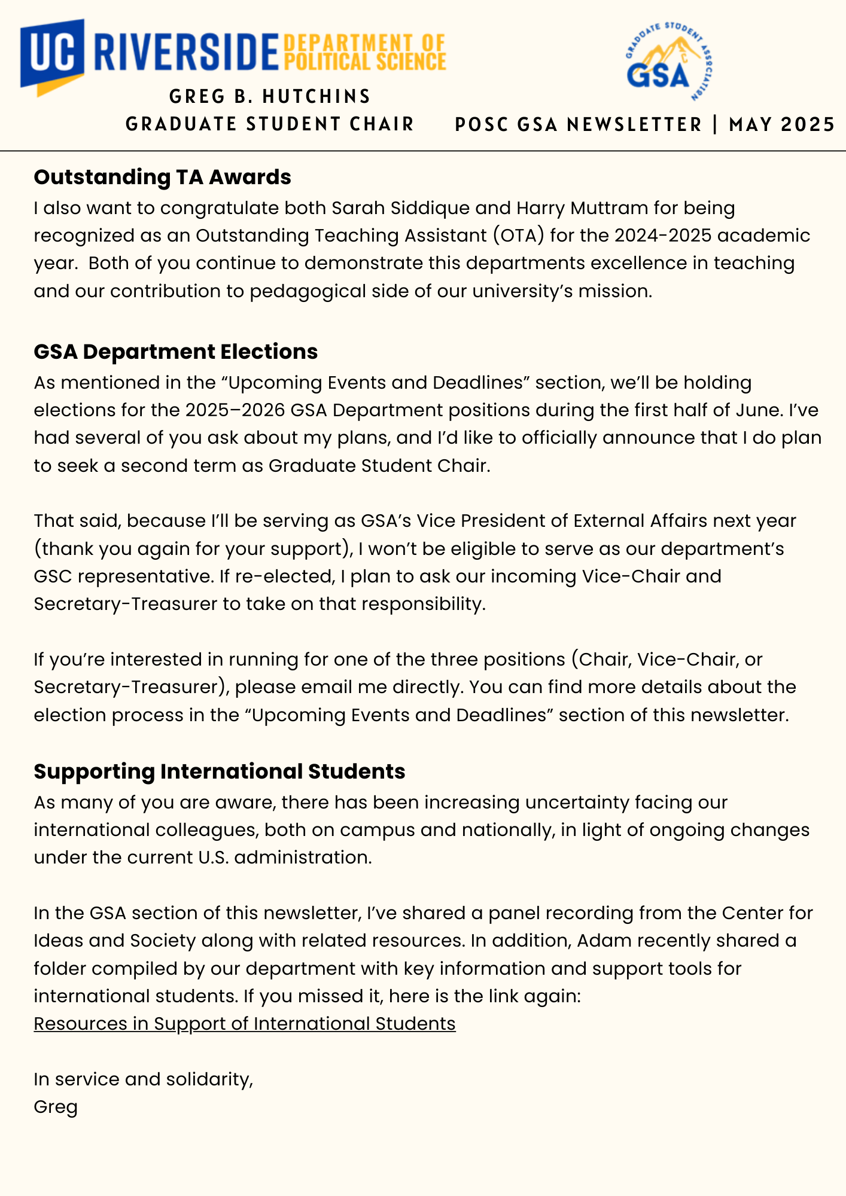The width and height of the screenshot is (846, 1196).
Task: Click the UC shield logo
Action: click(53, 55)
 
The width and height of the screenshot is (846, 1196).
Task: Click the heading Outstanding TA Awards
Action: click(162, 177)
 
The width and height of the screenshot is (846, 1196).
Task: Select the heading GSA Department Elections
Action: click(175, 352)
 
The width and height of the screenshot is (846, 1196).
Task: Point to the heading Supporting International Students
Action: click(219, 771)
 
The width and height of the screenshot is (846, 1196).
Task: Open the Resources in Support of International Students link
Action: click(244, 1024)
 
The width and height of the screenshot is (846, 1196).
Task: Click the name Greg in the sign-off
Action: click(56, 1107)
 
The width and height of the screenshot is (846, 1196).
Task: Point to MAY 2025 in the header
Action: click(781, 124)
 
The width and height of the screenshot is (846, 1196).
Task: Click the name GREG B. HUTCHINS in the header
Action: click(270, 96)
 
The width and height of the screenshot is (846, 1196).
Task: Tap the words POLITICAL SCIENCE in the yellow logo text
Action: click(364, 62)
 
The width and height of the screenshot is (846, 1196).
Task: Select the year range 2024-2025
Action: click(662, 236)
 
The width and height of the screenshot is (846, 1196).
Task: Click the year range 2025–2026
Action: click(235, 410)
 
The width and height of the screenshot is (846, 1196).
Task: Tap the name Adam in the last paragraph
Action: click(604, 941)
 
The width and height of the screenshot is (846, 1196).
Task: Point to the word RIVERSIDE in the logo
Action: click(186, 53)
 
